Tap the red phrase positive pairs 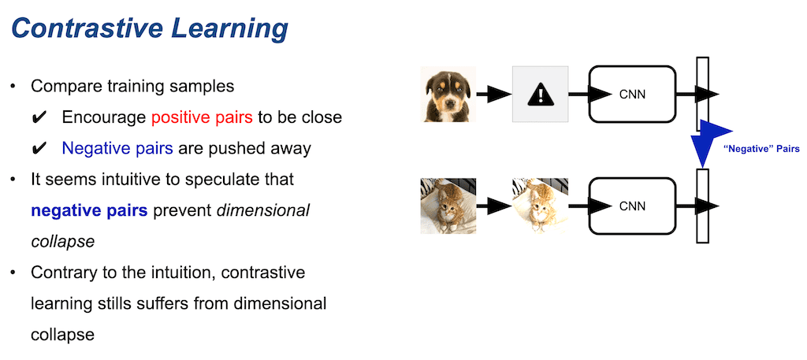tap(203, 117)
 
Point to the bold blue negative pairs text tap(89, 210)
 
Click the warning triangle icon tap(541, 95)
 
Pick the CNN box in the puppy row tap(632, 95)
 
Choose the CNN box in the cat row tap(632, 206)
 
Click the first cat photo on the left tap(448, 206)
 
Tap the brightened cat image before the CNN tap(541, 206)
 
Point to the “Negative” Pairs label tap(761, 147)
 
